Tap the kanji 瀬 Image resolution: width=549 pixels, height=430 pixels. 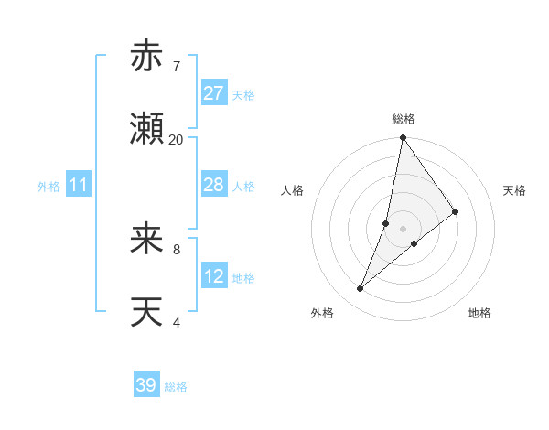point(146,130)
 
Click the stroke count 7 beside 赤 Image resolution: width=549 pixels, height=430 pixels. point(176,66)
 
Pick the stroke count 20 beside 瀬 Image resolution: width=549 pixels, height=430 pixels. point(176,139)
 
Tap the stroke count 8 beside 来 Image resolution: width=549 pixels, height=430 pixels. point(176,248)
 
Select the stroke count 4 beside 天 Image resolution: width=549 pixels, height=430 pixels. point(176,322)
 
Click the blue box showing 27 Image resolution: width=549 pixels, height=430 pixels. point(214,93)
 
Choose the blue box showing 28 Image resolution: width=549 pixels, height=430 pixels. point(214,185)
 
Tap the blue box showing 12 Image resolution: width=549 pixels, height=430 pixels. point(214,276)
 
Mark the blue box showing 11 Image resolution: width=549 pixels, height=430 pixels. point(79,185)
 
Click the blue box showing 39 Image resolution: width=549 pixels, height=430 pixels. point(146,385)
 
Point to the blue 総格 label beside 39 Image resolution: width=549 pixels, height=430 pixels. point(176,387)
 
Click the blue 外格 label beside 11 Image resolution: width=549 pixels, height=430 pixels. point(48,187)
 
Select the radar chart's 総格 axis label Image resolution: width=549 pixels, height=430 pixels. point(404,119)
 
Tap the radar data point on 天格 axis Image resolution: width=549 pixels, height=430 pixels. point(456,211)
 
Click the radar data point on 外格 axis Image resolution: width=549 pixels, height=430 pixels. point(361,289)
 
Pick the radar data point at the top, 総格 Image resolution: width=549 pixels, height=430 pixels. point(404,138)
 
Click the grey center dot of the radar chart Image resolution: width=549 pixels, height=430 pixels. point(404,228)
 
